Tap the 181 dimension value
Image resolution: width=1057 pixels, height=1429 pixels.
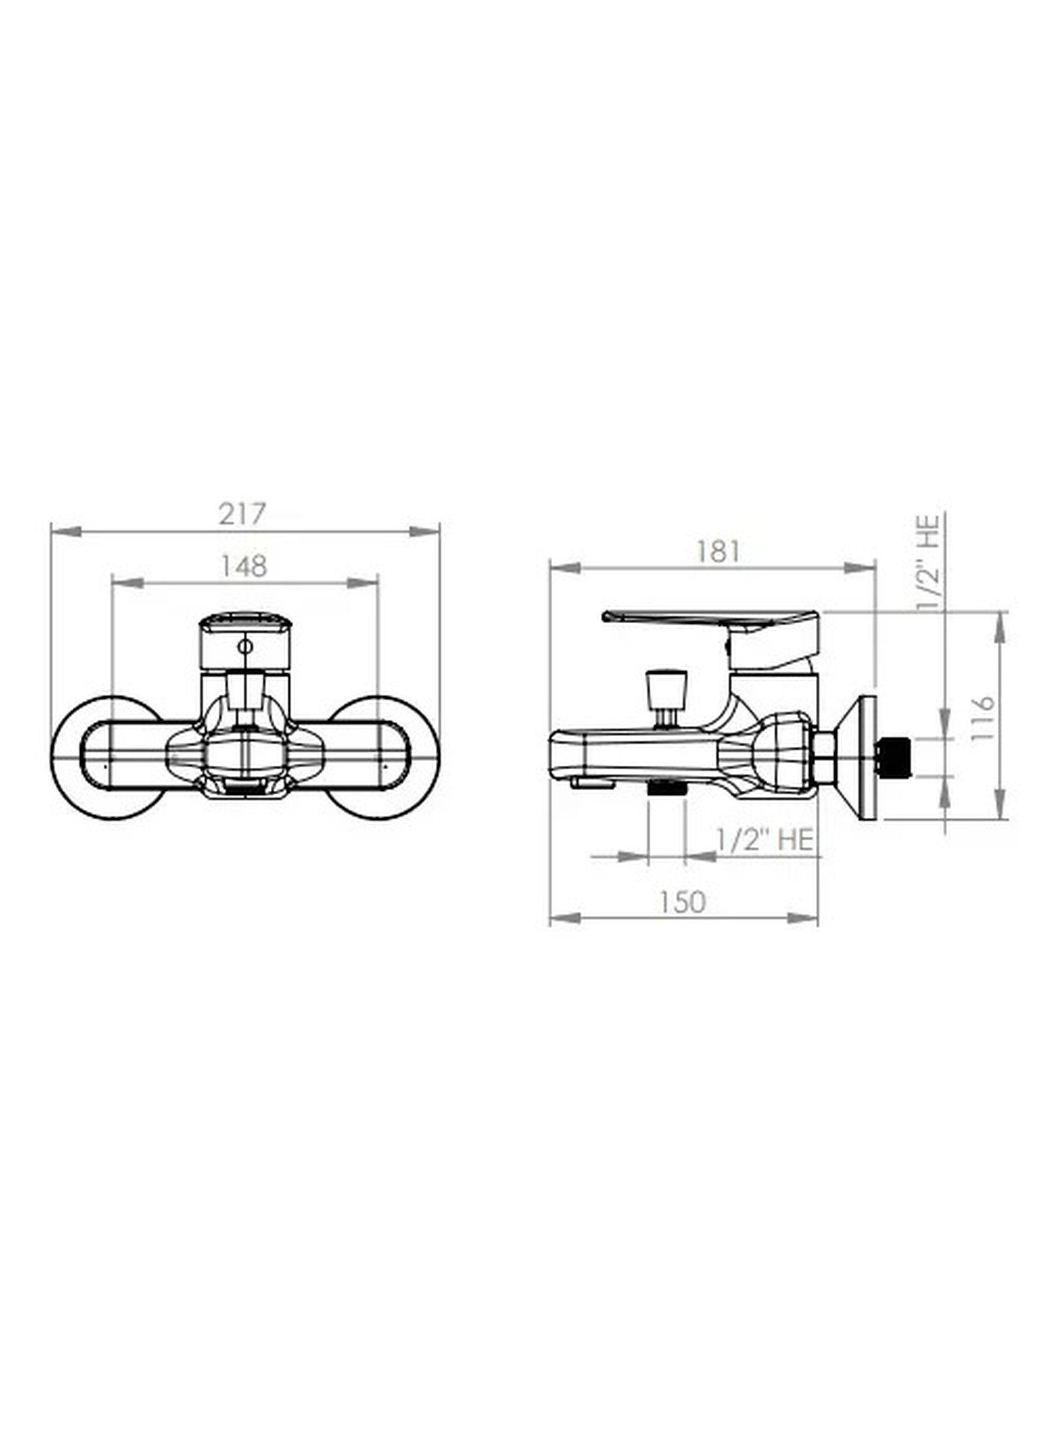[718, 552]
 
